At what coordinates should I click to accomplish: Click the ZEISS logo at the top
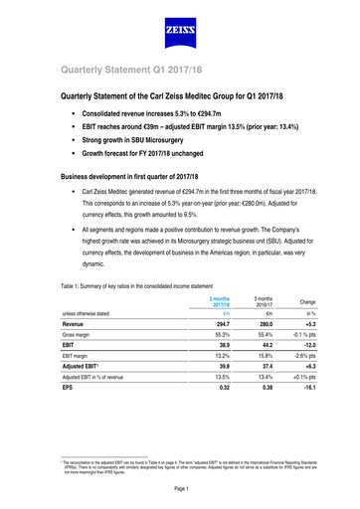click(180, 37)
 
